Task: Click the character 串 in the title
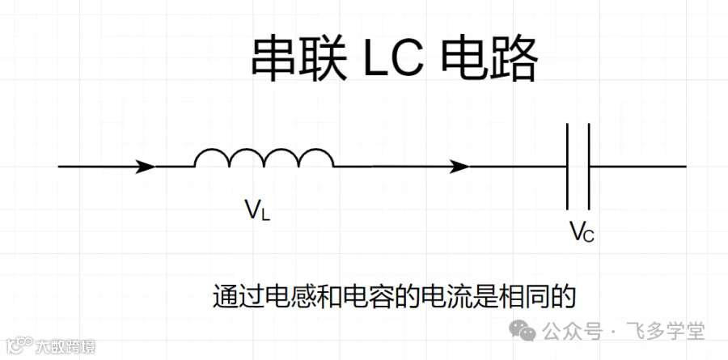coord(275,59)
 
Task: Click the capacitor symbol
coord(578,167)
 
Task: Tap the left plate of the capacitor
coord(567,167)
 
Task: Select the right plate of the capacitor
coord(589,167)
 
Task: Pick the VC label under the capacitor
coord(582,232)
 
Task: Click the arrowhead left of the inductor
coord(145,167)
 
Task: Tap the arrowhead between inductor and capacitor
coord(459,167)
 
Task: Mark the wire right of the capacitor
coord(638,167)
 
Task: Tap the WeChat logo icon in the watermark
coord(523,330)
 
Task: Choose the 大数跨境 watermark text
coord(66,346)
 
